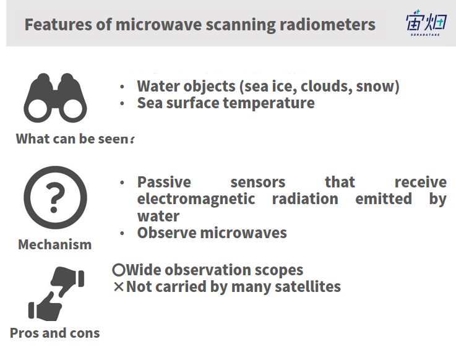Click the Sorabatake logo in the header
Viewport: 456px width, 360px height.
point(426,23)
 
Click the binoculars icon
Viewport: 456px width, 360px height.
point(55,98)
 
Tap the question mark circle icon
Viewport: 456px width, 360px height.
point(55,197)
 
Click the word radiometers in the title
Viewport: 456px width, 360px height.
point(327,24)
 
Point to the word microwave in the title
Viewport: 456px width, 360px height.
point(158,24)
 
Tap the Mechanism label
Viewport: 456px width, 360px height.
point(55,244)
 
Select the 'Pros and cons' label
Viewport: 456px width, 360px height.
point(55,333)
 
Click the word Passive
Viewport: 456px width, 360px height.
point(164,182)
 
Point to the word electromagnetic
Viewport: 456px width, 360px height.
point(196,199)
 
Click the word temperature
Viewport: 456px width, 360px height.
point(269,103)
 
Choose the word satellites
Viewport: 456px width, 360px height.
point(308,286)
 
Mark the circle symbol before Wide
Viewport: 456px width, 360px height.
point(119,270)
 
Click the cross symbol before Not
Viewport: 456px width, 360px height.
point(119,287)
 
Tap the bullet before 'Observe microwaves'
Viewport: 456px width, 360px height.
point(122,233)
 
